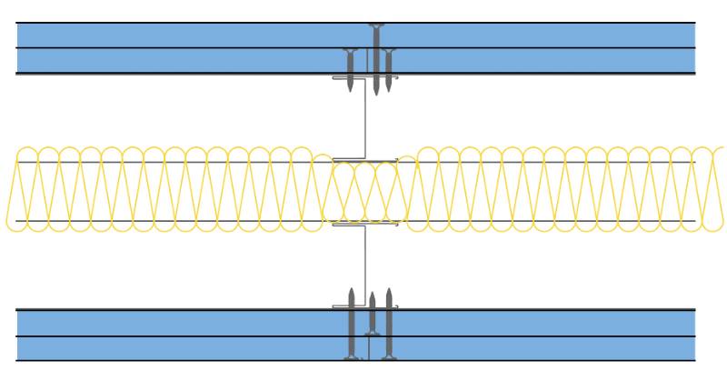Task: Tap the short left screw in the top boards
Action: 350,68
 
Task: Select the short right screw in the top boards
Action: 389,68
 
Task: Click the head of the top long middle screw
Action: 375,25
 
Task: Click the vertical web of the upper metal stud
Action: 365,118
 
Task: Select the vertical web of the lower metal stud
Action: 365,264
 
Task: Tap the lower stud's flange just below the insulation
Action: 350,224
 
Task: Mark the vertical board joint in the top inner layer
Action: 367,61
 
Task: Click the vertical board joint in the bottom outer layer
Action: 367,347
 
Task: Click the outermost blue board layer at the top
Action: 182,35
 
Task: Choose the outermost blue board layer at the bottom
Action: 182,348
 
